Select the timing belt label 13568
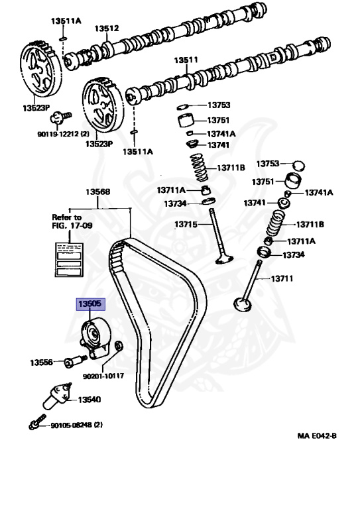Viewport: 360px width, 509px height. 97,192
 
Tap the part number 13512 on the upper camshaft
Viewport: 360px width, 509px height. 107,28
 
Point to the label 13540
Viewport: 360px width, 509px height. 90,400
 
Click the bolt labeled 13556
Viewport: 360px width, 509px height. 76,361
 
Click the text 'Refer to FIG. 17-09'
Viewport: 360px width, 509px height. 72,221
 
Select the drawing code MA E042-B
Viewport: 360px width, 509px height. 317,435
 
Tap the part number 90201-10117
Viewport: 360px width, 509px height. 103,376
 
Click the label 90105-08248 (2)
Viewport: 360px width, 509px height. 76,425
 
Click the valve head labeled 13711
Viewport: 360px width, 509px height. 243,304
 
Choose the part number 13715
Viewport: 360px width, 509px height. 186,224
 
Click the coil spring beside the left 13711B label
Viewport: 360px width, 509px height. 199,168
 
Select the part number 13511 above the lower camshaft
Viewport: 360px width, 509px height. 186,60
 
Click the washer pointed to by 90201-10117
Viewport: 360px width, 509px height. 119,345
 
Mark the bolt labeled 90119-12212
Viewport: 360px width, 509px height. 60,117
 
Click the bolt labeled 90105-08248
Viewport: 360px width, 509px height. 37,422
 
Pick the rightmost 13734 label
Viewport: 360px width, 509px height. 294,255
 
